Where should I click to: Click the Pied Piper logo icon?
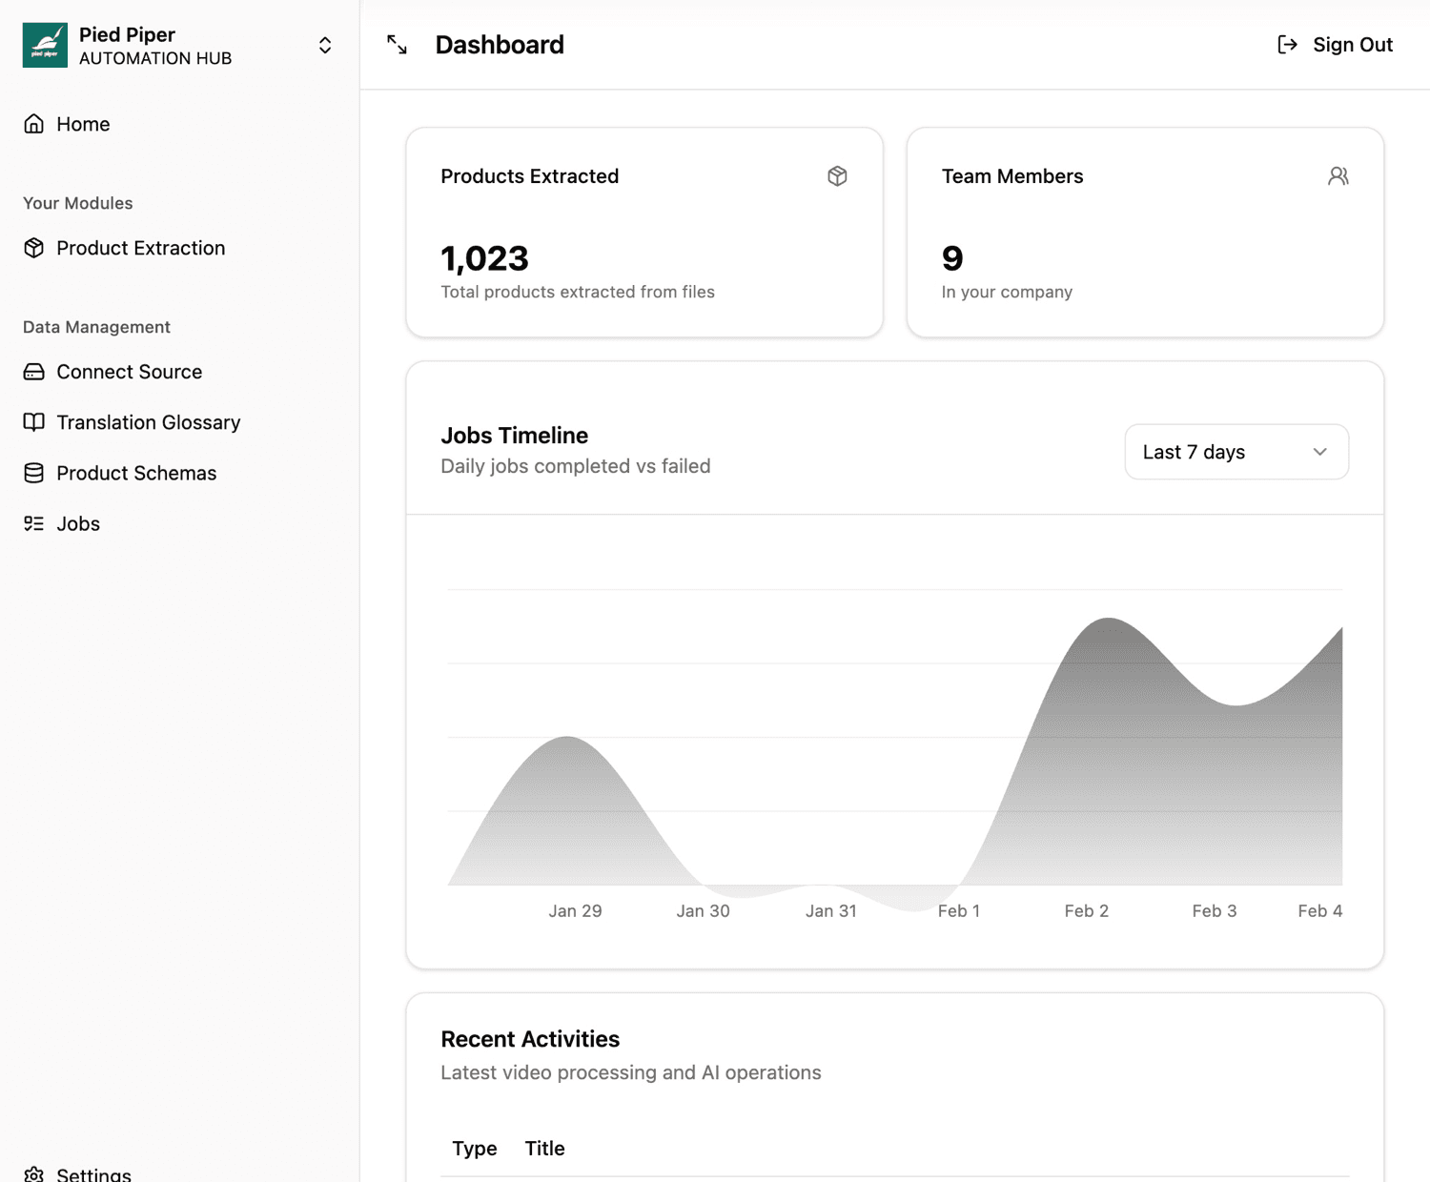[45, 45]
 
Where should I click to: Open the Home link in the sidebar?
[83, 124]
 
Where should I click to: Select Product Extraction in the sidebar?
[140, 248]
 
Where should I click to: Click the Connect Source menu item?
[129, 372]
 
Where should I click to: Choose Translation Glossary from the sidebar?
[148, 422]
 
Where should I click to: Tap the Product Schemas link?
[136, 473]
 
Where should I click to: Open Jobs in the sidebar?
[78, 523]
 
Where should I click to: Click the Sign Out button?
[1336, 45]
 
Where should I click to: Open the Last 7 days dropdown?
[1236, 452]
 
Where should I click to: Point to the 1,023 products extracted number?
[484, 258]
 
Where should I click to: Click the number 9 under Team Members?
[952, 258]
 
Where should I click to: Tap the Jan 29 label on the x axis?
[575, 911]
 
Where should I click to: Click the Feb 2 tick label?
[1086, 911]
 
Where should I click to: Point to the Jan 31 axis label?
[830, 911]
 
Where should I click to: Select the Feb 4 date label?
[1319, 911]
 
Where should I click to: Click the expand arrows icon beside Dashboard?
[398, 45]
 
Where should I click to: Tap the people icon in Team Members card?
[1338, 176]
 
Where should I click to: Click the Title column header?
[544, 1149]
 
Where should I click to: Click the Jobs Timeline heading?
[514, 436]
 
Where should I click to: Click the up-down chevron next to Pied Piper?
[325, 46]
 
